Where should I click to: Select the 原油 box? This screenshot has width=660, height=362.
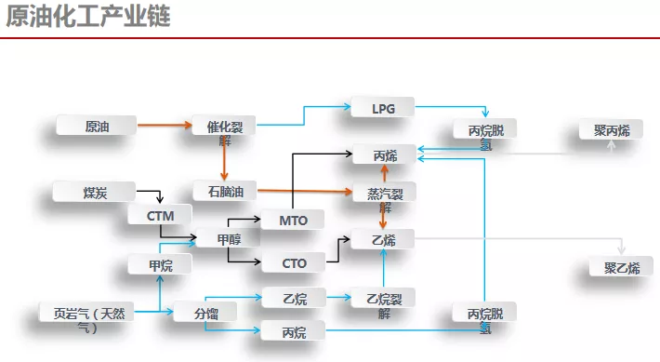96,125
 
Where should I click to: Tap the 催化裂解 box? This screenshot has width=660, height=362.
224,127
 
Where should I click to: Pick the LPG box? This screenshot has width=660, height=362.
383,107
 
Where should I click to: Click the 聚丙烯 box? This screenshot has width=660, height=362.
611,130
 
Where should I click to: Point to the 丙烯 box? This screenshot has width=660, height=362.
384,154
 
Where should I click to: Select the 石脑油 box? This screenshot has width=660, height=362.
224,191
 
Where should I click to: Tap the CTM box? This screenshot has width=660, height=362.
160,216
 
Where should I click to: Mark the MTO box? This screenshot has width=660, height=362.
294,220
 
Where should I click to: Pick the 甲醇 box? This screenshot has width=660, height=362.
228,239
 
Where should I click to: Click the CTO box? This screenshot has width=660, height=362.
294,263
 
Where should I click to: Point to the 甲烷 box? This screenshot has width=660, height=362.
160,265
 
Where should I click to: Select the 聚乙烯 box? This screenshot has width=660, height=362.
621,268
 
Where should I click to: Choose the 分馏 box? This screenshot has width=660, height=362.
205,313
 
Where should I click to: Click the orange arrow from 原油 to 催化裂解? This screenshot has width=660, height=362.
163,124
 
